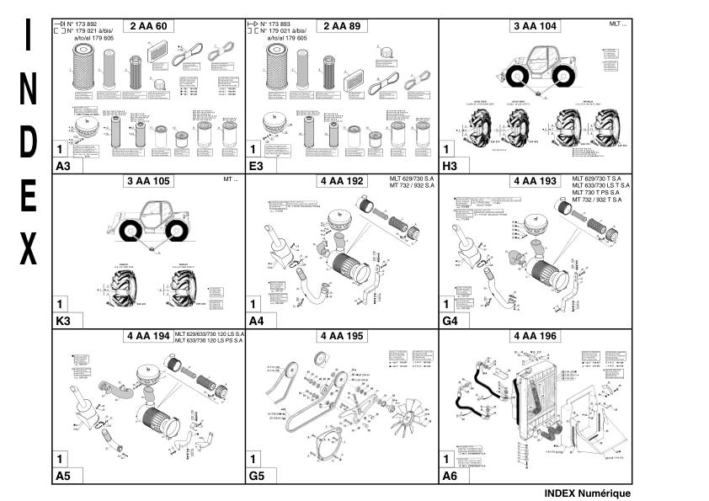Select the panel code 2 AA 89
coord(342,27)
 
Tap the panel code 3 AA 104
coord(536,27)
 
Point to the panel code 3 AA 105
coord(148,181)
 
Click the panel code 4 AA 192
coord(342,181)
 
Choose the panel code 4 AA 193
coord(536,181)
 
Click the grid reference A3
coord(62,167)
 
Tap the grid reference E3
coord(256,167)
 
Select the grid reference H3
coord(450,167)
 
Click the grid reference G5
coord(257,477)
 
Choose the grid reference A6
coord(450,477)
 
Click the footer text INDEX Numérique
coord(575,493)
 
